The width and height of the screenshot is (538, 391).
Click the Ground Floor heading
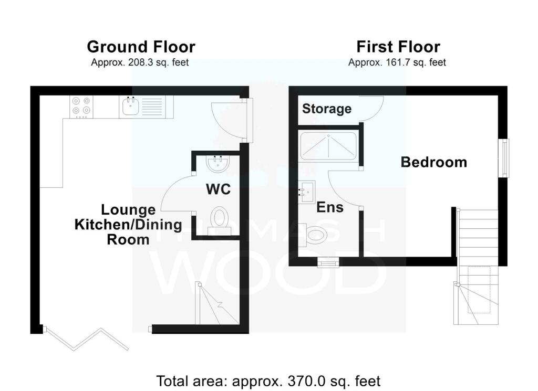(141, 47)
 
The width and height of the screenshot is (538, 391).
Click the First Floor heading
(398, 47)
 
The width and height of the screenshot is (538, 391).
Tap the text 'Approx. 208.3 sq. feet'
(140, 62)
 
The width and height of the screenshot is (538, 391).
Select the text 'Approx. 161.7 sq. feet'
(397, 62)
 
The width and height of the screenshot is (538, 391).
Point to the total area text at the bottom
(268, 381)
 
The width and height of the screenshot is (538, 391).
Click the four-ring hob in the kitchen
(81, 107)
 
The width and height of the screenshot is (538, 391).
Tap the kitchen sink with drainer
(146, 107)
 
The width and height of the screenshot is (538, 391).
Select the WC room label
(218, 189)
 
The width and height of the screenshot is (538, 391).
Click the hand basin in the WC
(218, 164)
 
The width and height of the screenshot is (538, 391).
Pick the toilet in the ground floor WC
(219, 220)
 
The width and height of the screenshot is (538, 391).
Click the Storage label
(327, 109)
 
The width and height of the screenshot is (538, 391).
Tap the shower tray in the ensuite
(328, 146)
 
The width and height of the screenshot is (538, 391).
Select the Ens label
(330, 207)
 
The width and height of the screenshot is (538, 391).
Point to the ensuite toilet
(313, 235)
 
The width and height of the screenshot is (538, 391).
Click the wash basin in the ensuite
(307, 192)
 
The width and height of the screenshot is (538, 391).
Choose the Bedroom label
(433, 162)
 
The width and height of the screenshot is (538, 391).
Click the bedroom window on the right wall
(504, 158)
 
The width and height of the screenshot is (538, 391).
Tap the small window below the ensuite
(328, 262)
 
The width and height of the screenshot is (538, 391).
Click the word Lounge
(128, 210)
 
